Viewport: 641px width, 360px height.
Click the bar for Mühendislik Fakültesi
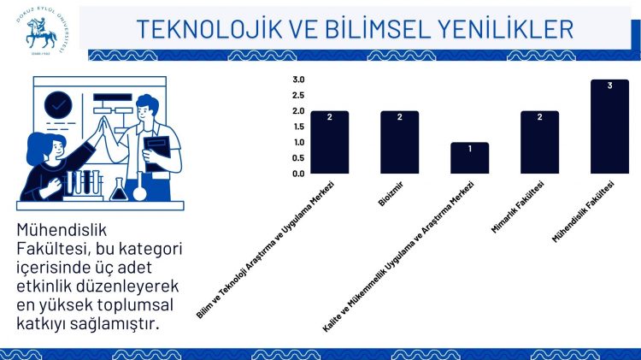[609, 127]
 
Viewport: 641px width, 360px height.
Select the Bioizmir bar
[399, 142]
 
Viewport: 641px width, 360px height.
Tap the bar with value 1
[470, 158]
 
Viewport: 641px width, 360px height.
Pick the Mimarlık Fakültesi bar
[539, 142]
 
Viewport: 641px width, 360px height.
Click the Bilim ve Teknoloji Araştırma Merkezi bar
[330, 142]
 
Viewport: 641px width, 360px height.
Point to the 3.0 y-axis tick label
[298, 80]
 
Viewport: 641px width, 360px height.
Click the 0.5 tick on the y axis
[298, 158]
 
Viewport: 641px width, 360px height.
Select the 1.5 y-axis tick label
[298, 127]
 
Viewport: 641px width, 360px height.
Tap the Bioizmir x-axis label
[391, 194]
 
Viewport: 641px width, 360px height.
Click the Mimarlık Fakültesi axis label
[518, 208]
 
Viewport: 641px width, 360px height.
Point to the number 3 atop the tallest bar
[609, 86]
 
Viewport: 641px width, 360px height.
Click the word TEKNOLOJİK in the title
[209, 29]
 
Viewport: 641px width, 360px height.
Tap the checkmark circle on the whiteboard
[58, 105]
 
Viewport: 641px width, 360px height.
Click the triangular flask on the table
[119, 190]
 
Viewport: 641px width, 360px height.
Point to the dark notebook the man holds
[157, 153]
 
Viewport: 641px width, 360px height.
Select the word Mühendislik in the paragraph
[62, 230]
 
